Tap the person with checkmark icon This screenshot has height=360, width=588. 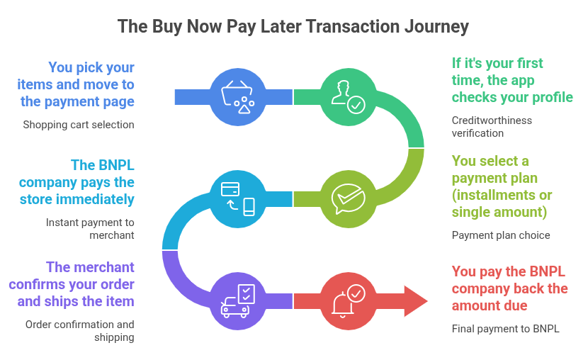pyautogui.click(x=348, y=97)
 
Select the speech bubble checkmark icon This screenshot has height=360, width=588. pyautogui.click(x=348, y=198)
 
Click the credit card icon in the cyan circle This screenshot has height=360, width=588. pyautogui.click(x=230, y=189)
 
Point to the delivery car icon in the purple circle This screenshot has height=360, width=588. pyautogui.click(x=235, y=308)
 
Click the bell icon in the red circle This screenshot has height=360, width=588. pyautogui.click(x=342, y=305)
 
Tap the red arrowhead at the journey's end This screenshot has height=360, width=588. pyautogui.click(x=416, y=301)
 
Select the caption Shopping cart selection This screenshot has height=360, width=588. pyautogui.click(x=79, y=125)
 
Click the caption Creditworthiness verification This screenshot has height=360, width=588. pyautogui.click(x=492, y=127)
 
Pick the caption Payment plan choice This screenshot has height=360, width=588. pyautogui.click(x=501, y=235)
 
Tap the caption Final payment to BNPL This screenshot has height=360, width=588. pyautogui.click(x=505, y=329)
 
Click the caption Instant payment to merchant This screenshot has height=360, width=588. pyautogui.click(x=90, y=229)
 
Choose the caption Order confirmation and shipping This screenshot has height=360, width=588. pyautogui.click(x=79, y=331)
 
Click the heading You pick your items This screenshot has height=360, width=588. pyautogui.click(x=75, y=84)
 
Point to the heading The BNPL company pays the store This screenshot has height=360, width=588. pyautogui.click(x=77, y=182)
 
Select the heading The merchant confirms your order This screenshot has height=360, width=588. pyautogui.click(x=72, y=284)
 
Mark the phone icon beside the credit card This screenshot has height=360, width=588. pyautogui.click(x=249, y=207)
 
